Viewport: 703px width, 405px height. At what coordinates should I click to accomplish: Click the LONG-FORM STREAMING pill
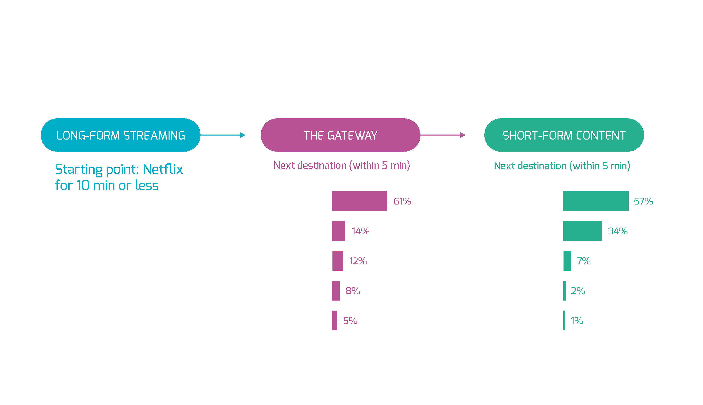(120, 135)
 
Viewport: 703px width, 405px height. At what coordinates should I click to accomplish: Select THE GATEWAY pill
(340, 135)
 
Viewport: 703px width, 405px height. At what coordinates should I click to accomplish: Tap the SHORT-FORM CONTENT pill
(564, 135)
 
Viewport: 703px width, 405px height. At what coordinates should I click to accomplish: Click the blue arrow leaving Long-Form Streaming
(222, 135)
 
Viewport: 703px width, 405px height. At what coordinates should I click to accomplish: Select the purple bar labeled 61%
(360, 201)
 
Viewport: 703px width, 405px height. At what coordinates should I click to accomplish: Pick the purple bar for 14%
(338, 231)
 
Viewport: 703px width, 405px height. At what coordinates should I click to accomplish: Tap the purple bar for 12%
(337, 261)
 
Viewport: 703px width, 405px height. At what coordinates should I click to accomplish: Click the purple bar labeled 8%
(336, 291)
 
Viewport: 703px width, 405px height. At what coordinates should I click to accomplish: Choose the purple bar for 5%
(335, 320)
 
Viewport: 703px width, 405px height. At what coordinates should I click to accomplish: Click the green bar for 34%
(582, 231)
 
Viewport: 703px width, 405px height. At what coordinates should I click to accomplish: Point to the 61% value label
(402, 201)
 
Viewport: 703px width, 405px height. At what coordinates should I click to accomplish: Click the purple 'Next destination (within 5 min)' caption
(342, 165)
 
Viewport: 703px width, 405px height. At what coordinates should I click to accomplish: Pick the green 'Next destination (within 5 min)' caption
(562, 166)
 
